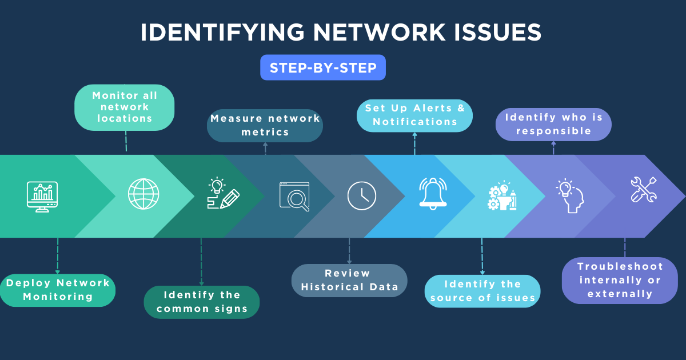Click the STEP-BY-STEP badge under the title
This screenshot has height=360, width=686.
click(x=322, y=67)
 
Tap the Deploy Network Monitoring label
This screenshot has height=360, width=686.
click(x=58, y=290)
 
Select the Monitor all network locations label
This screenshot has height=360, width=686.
click(x=125, y=107)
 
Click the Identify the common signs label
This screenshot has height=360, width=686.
click(x=202, y=302)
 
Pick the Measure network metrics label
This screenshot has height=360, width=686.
click(x=265, y=125)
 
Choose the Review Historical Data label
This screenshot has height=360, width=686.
click(x=349, y=280)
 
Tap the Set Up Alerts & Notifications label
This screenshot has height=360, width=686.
click(x=414, y=115)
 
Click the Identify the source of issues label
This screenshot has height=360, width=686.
click(x=482, y=291)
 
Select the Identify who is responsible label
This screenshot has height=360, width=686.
click(x=553, y=124)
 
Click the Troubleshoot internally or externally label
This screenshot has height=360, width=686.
click(x=620, y=280)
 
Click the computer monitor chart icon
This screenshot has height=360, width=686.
click(x=42, y=196)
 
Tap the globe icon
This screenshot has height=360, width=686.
click(x=143, y=194)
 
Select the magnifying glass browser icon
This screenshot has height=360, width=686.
click(x=294, y=197)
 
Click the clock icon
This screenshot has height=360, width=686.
click(x=362, y=195)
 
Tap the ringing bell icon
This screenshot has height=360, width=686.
click(x=433, y=192)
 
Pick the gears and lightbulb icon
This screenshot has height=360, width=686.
click(x=502, y=196)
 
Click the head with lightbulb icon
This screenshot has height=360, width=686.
click(x=569, y=195)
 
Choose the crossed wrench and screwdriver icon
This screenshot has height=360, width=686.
click(x=643, y=190)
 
